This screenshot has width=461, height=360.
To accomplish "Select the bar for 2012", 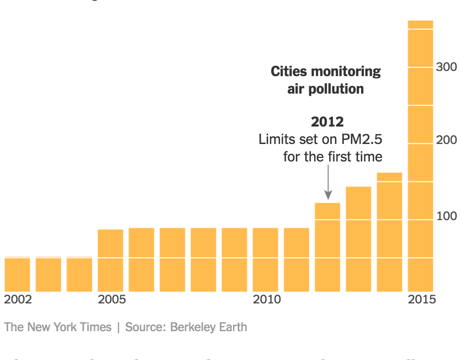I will tap(327, 247).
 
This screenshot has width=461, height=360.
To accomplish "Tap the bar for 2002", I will tap(17, 274).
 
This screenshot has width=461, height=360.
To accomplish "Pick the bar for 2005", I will tap(111, 260).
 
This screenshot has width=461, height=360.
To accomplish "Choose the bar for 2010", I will tap(265, 259).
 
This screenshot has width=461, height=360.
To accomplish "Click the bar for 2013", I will tap(359, 239).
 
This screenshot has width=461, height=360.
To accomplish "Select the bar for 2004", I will tap(80, 274).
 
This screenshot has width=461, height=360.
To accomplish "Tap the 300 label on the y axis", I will tap(446, 67).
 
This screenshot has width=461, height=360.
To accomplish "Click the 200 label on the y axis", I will tap(446, 140).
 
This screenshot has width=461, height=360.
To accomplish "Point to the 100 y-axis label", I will tap(446, 216).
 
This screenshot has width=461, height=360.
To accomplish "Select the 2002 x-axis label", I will tap(17, 299).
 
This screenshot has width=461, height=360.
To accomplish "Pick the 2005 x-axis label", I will tap(112, 299).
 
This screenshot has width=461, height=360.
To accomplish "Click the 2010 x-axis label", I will tap(267, 299).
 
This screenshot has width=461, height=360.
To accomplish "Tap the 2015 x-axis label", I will tap(421, 299).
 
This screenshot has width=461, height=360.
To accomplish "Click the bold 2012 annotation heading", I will tap(327, 122).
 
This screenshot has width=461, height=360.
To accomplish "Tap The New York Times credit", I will tap(58, 327).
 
